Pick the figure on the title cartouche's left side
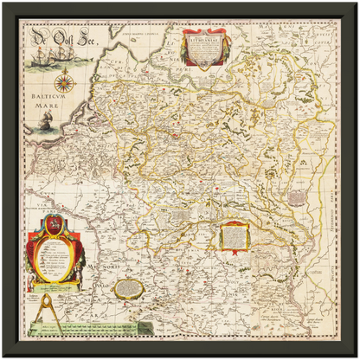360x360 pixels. click(x=185, y=50)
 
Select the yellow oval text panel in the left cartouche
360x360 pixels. click(x=55, y=259)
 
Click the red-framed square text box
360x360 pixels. click(x=233, y=235)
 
